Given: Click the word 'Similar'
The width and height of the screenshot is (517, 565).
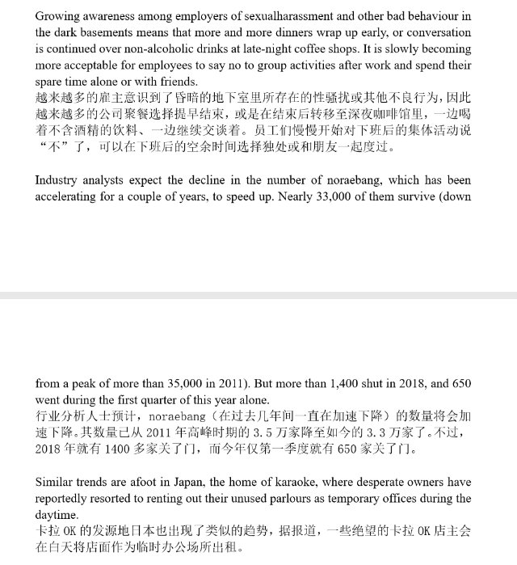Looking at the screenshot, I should (x=57, y=483).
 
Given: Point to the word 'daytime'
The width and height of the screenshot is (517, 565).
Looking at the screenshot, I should (x=57, y=515).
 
